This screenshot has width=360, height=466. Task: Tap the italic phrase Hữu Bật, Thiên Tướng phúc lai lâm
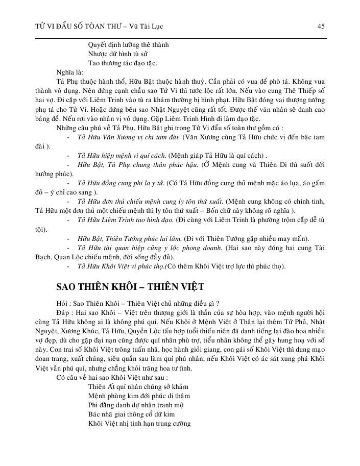click(135, 239)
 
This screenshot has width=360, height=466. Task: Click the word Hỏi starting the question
click(63, 303)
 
